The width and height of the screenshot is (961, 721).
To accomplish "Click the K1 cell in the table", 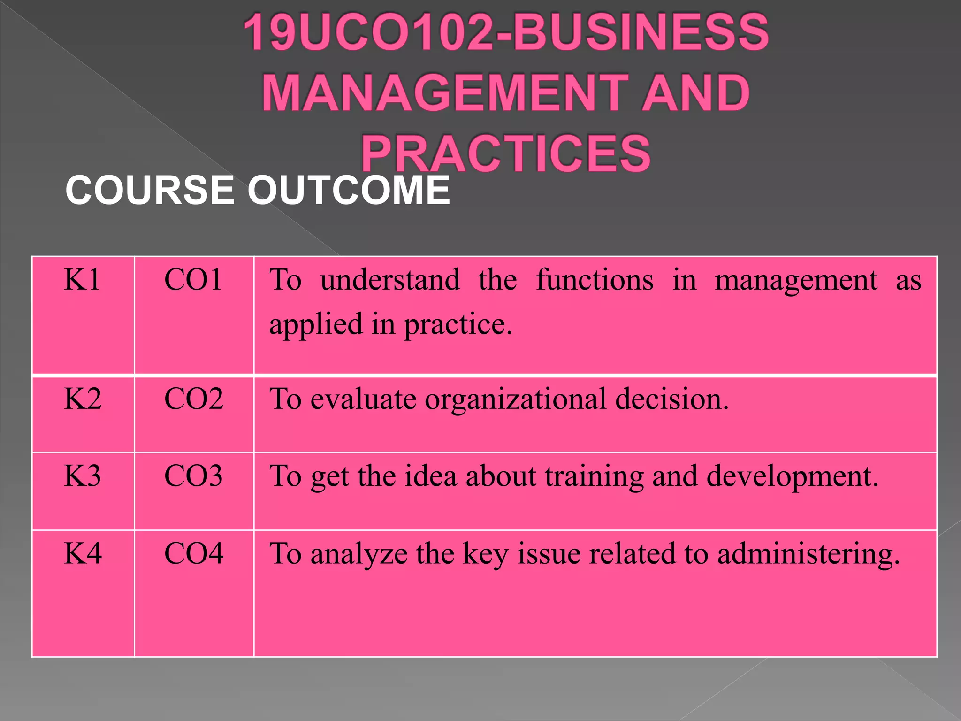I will coord(82,280).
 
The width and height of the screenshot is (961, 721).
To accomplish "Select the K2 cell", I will coord(83,399).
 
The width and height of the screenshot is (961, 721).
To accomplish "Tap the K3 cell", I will coord(82,476).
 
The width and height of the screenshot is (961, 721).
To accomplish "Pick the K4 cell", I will coord(83,554).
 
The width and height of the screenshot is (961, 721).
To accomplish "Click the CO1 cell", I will coord(193,280).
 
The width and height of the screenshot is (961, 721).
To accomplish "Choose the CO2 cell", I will coord(193,399).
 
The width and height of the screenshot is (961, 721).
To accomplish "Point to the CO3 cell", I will coord(193,476).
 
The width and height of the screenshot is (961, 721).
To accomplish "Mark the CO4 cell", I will coord(193,554).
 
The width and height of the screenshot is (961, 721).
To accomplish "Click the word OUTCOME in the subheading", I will coord(348,190).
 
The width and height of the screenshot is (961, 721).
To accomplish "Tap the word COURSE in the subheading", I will coord(150,190).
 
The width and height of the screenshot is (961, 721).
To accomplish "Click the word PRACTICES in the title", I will coord(506,153).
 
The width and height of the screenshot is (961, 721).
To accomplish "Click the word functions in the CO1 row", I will coord(595,280).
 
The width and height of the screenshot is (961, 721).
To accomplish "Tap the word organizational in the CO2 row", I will coord(516,399).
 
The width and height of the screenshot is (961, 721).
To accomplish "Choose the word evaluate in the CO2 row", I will coord(364,399).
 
